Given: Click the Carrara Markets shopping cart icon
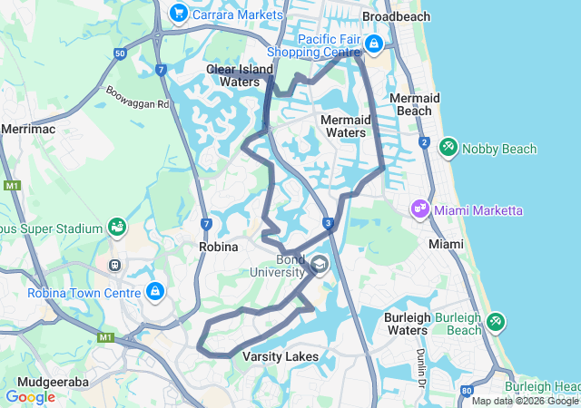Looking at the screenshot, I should (178, 14).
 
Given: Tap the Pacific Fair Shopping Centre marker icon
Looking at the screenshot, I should (374, 43).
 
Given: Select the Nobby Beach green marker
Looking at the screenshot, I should (448, 147).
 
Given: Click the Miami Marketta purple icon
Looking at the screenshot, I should (419, 209).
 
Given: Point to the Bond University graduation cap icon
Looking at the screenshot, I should (319, 264).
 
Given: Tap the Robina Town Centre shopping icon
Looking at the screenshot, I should (155, 291).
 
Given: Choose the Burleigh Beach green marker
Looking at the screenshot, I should (495, 321).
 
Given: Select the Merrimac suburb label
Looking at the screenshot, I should (28, 130).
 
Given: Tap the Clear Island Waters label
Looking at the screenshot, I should (233, 75).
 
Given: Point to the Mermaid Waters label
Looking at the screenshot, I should (346, 126).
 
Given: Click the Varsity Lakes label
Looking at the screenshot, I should (281, 356).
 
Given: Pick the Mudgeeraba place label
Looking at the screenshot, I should (44, 383).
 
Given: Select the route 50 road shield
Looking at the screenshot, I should (120, 53).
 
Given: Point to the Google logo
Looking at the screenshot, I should (30, 396).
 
